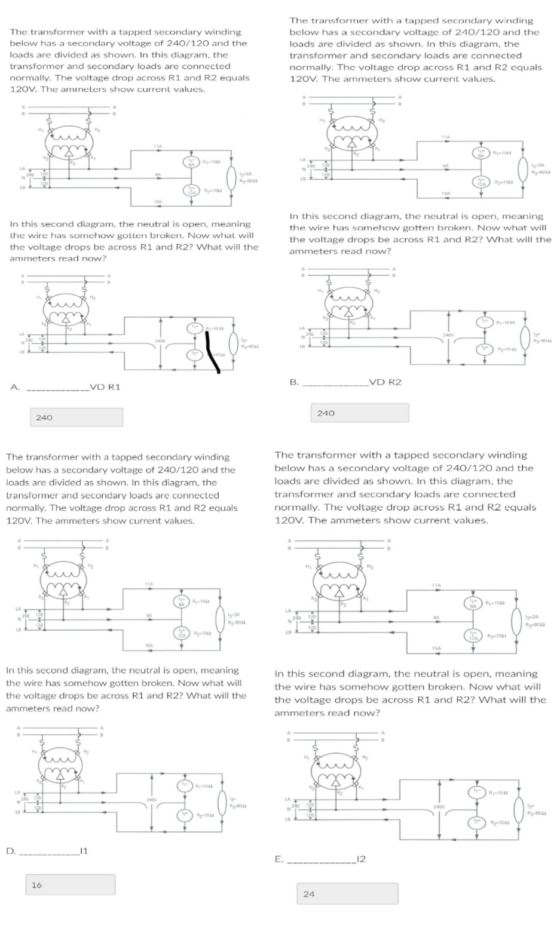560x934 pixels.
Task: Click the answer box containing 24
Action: coord(347,893)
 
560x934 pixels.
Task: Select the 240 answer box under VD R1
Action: coord(76,417)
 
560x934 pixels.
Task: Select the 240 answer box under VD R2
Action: coord(360,413)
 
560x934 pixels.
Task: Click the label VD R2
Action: coord(385,382)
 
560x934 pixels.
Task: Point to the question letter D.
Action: coord(10,851)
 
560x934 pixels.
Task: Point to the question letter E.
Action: coord(278,859)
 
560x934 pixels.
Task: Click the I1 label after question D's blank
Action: coord(84,851)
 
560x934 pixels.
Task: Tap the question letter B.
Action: coord(293,382)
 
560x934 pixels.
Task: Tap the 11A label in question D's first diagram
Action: coord(149,583)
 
